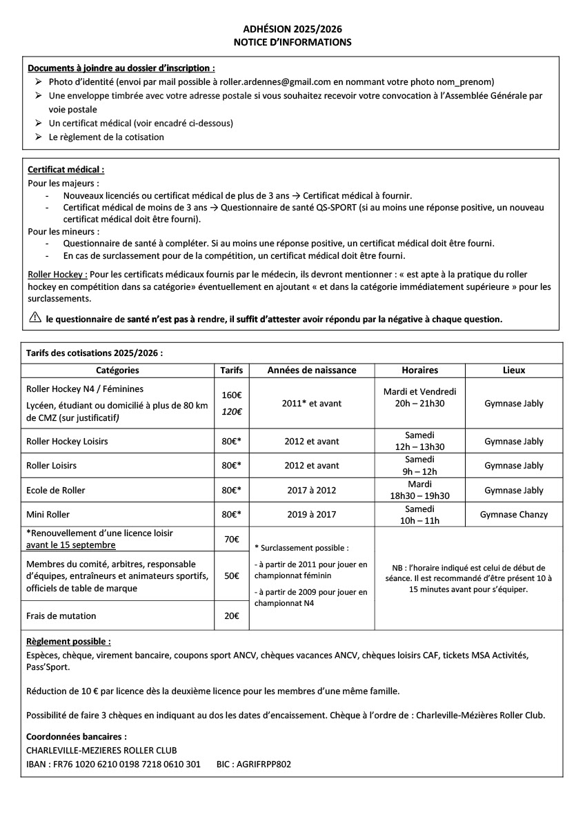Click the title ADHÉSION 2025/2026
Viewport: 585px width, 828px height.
tap(292, 29)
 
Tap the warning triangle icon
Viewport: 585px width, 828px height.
tap(35, 319)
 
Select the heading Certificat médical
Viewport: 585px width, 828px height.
tap(66, 169)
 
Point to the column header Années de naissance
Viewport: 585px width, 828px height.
tap(312, 370)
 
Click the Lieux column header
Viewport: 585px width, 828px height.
tap(514, 370)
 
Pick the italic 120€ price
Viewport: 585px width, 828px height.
tap(231, 411)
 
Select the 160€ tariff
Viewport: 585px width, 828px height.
tap(231, 396)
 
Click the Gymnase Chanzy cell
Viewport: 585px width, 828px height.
tap(514, 515)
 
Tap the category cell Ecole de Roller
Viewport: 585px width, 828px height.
tap(56, 491)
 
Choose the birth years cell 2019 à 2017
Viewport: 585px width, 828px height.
tap(312, 515)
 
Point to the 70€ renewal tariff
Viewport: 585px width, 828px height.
tap(231, 539)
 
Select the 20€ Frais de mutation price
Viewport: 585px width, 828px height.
tap(231, 615)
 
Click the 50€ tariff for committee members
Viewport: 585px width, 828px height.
tap(231, 576)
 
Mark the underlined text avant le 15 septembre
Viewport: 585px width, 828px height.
tap(71, 545)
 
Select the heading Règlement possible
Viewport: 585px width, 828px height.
tap(68, 641)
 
